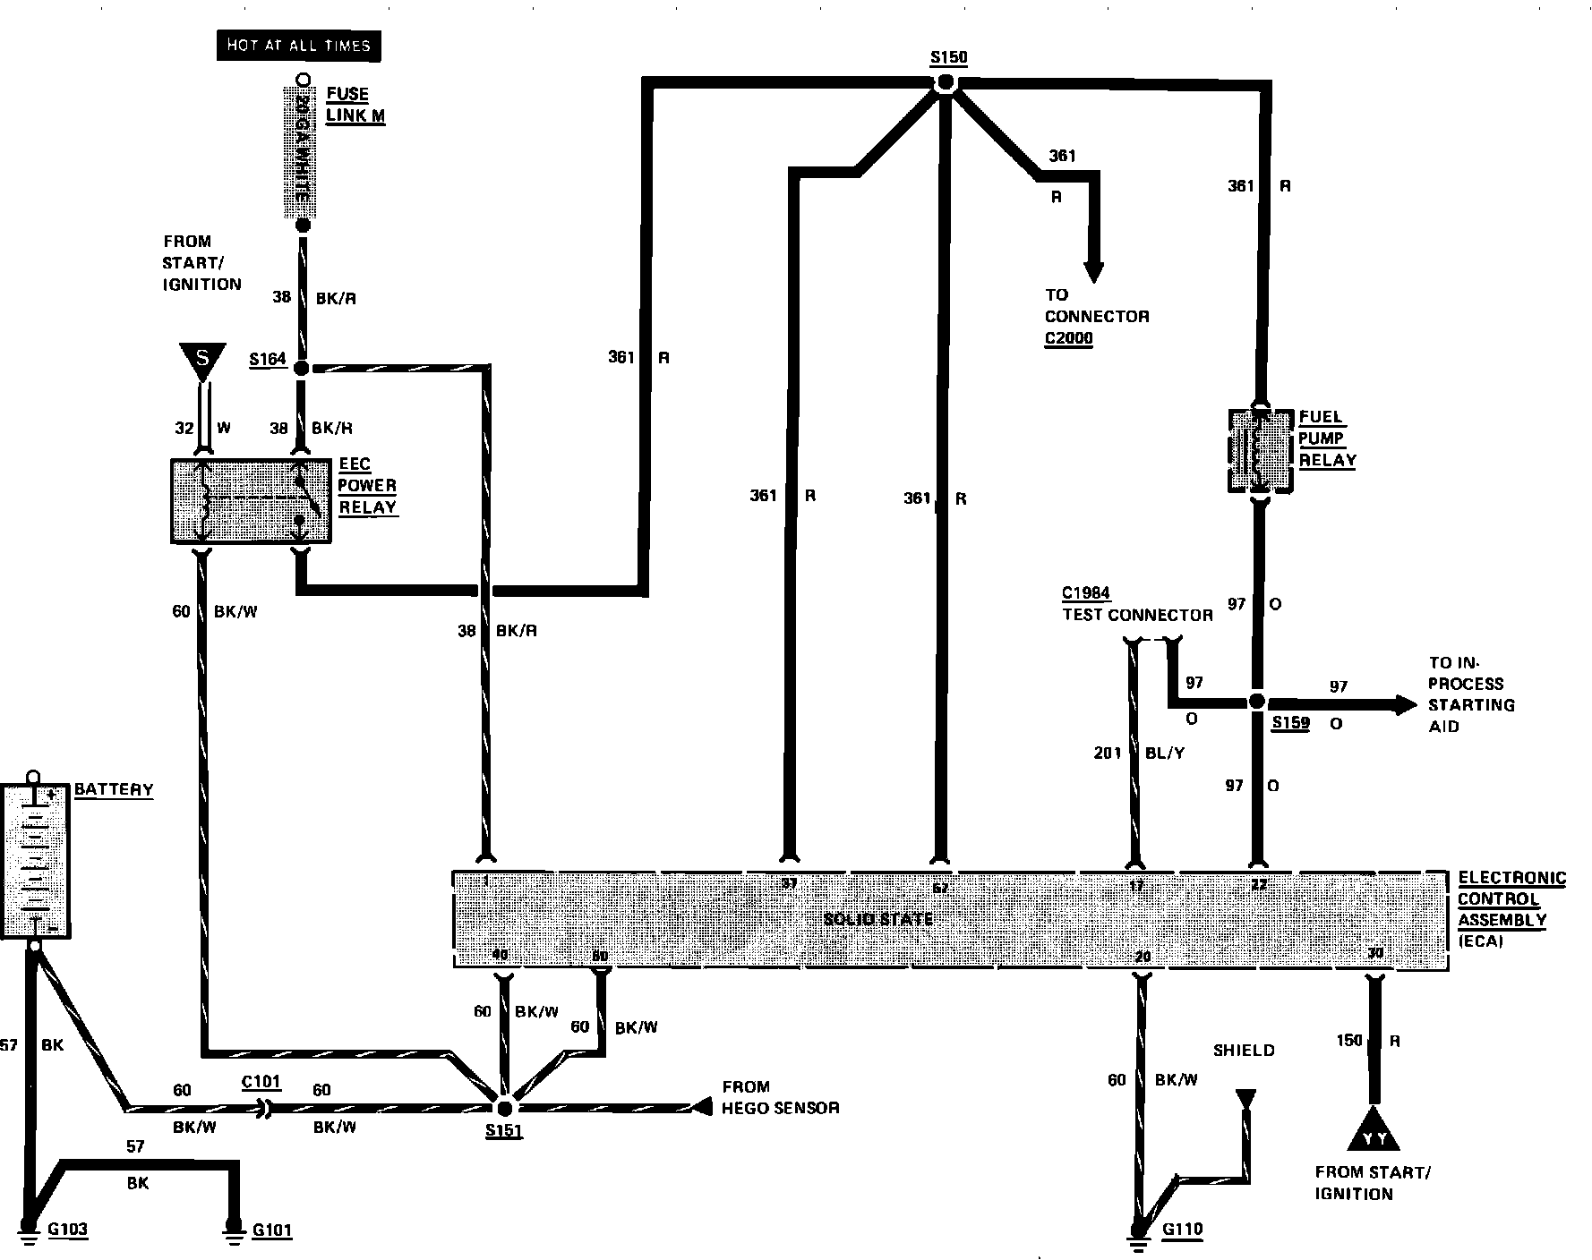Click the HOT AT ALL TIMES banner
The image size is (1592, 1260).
298,46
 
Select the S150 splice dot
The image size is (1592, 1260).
946,83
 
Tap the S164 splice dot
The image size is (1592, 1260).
302,368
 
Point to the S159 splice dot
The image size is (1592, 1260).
1257,703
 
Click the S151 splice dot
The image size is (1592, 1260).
503,1109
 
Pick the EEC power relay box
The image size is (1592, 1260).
251,501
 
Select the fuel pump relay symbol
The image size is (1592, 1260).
1260,450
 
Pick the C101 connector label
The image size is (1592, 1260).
261,1082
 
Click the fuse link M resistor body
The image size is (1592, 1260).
302,152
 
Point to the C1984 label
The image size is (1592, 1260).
1086,593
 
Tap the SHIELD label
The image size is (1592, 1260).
1243,1051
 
